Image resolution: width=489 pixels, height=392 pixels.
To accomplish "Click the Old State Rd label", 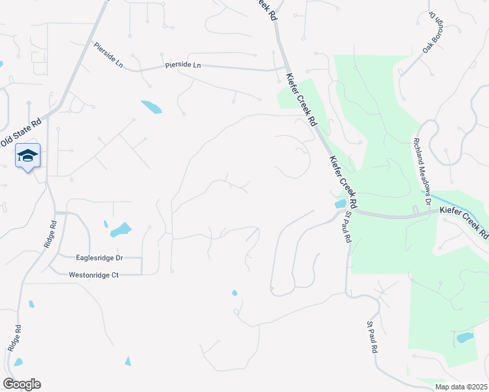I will click(21, 131).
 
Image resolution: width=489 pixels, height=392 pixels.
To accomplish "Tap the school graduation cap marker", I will click(27, 155).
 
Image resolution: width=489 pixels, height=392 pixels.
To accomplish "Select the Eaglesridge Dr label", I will click(99, 259).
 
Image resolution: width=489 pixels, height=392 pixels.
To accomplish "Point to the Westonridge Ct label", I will click(93, 276).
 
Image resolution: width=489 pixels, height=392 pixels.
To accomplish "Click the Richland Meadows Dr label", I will click(422, 168).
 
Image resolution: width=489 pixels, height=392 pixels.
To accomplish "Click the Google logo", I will click(22, 384).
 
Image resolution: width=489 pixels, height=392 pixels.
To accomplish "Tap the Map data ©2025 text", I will click(461, 387).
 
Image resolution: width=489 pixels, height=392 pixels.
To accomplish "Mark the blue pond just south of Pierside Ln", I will click(151, 106).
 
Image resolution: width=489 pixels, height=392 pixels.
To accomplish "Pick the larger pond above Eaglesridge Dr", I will click(120, 230).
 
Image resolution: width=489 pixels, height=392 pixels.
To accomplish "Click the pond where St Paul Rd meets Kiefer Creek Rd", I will click(340, 204).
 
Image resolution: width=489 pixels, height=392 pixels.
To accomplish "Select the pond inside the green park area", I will click(464, 338).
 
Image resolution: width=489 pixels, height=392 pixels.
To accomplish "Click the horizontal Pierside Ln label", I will click(183, 65).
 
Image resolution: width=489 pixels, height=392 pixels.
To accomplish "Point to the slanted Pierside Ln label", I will click(109, 56).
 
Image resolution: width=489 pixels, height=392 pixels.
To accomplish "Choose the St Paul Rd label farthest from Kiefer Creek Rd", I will click(373, 337).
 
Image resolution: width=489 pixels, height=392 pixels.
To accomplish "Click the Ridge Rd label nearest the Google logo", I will click(14, 338).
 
